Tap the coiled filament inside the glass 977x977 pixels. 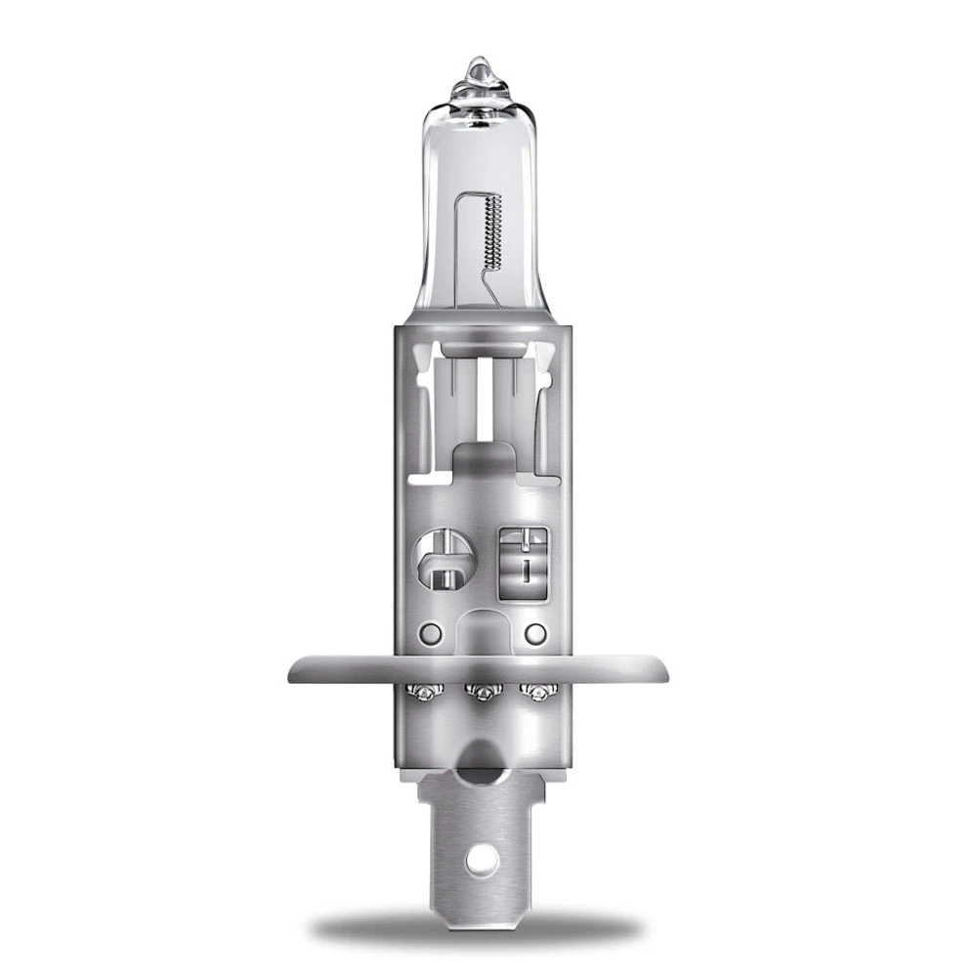(x=493, y=231)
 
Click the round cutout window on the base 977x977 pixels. (x=446, y=559)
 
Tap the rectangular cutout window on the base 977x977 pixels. (x=524, y=562)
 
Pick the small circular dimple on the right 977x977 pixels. (x=534, y=633)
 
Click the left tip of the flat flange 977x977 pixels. (x=293, y=670)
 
